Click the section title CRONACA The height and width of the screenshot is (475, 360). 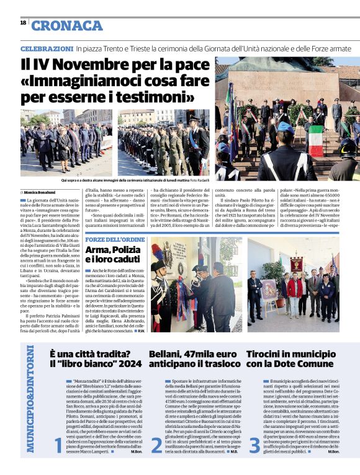[67, 25]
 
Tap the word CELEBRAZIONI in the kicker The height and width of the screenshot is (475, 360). [47, 48]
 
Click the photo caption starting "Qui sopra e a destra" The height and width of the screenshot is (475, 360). [130, 180]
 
